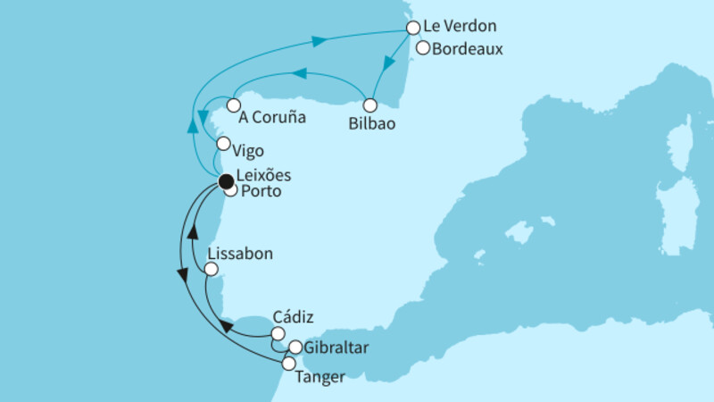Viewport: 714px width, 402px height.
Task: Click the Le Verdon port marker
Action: pos(413,28)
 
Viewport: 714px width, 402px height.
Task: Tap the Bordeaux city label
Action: pos(467,50)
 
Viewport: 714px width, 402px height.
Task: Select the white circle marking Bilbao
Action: pos(369,105)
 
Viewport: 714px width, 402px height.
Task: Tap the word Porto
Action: pos(262,190)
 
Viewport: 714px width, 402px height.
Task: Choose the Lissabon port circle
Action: pos(212,268)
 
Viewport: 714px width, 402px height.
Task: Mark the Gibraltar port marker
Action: pos(295,347)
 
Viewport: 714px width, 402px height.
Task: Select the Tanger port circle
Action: pos(288,364)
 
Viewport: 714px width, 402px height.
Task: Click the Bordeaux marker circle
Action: pos(424,49)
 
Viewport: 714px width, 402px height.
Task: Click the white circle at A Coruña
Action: pos(233,105)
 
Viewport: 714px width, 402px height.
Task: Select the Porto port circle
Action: pos(230,189)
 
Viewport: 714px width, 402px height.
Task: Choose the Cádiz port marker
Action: pos(278,333)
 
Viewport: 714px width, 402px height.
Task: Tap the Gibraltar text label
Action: pos(336,347)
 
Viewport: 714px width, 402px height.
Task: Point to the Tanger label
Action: pos(322,377)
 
